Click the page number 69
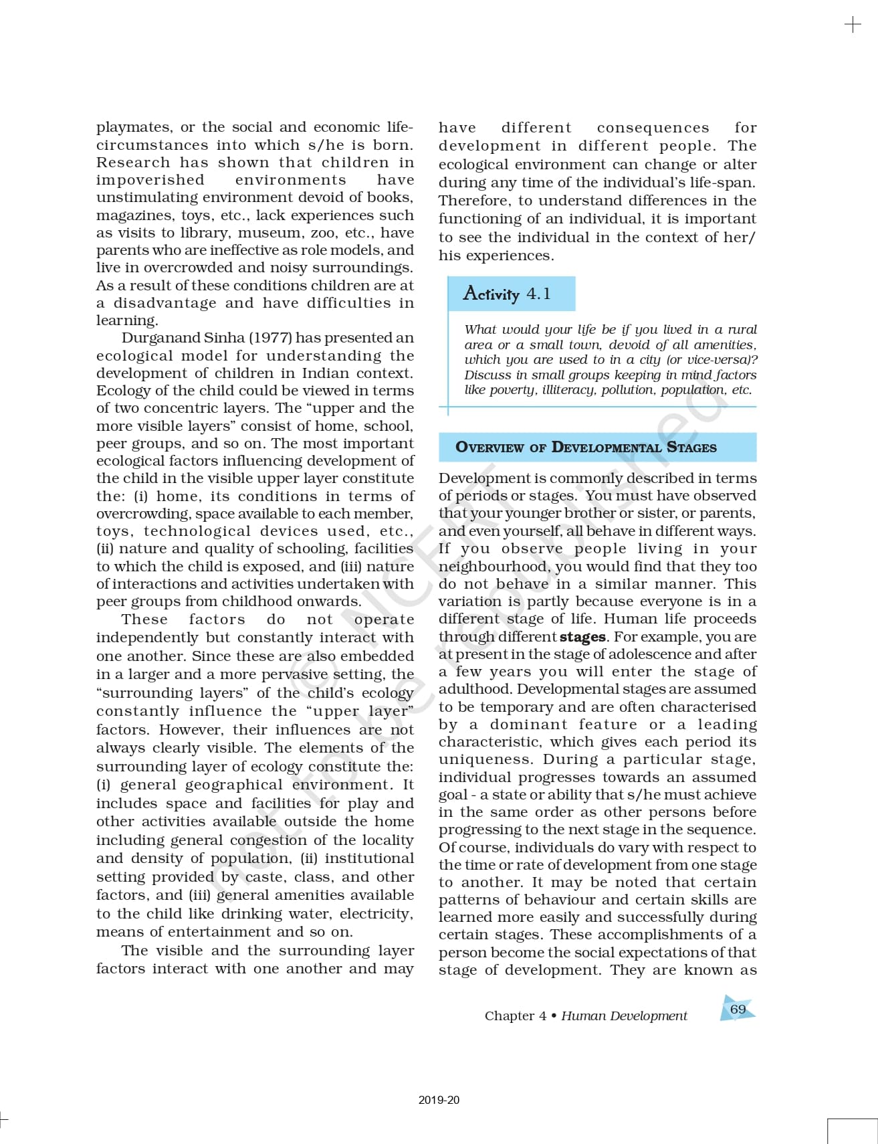point(738,1009)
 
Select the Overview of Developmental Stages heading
point(586,448)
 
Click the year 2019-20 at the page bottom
point(439,1100)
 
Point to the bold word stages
point(582,637)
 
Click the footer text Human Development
point(624,1016)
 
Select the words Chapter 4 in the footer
point(515,1016)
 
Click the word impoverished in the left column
point(150,180)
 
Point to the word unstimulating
point(147,197)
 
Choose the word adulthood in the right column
point(475,689)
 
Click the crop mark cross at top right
point(853,25)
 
